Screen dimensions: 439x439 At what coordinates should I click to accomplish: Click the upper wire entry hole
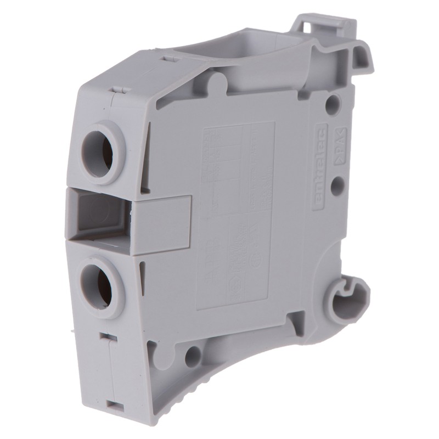click(99, 150)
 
